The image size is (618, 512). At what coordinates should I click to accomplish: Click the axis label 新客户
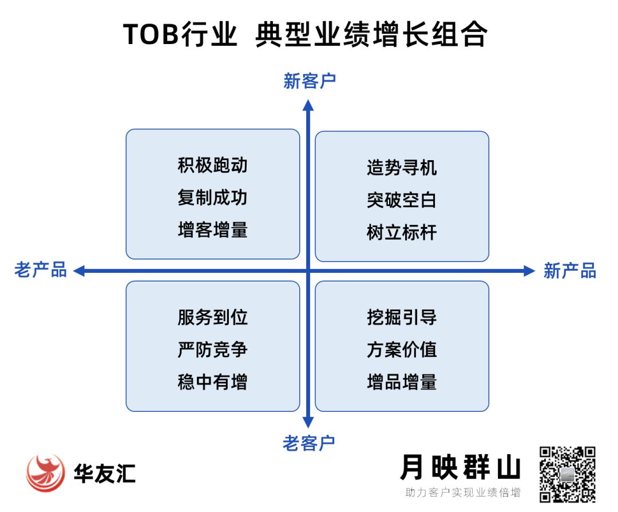(310, 81)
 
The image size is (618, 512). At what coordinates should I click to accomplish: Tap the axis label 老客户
(308, 443)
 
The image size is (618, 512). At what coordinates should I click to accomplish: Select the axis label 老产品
(41, 270)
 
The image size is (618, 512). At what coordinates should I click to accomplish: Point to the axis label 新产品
(570, 271)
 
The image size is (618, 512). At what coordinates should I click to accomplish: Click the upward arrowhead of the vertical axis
(308, 105)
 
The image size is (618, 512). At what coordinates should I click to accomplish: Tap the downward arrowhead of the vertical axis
(308, 422)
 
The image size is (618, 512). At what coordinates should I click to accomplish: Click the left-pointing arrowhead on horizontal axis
(79, 271)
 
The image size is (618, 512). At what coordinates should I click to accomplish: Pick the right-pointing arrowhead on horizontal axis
(529, 271)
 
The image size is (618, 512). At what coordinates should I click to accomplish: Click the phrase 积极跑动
(212, 165)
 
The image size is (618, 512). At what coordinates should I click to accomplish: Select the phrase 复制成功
(212, 197)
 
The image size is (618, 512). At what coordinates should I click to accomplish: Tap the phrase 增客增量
(212, 230)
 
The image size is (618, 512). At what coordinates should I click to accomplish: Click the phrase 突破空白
(402, 200)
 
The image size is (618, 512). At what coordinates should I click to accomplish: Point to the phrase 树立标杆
(402, 232)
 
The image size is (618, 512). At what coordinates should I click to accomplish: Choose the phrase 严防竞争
(212, 350)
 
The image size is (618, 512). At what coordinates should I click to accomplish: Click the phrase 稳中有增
(212, 382)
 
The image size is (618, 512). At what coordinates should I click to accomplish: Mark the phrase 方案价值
(402, 350)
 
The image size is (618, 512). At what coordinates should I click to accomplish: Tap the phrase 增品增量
(402, 382)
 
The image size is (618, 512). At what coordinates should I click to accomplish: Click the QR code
(567, 475)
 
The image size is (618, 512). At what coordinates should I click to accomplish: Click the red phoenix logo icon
(45, 473)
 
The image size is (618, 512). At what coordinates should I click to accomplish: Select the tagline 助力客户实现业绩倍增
(463, 493)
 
